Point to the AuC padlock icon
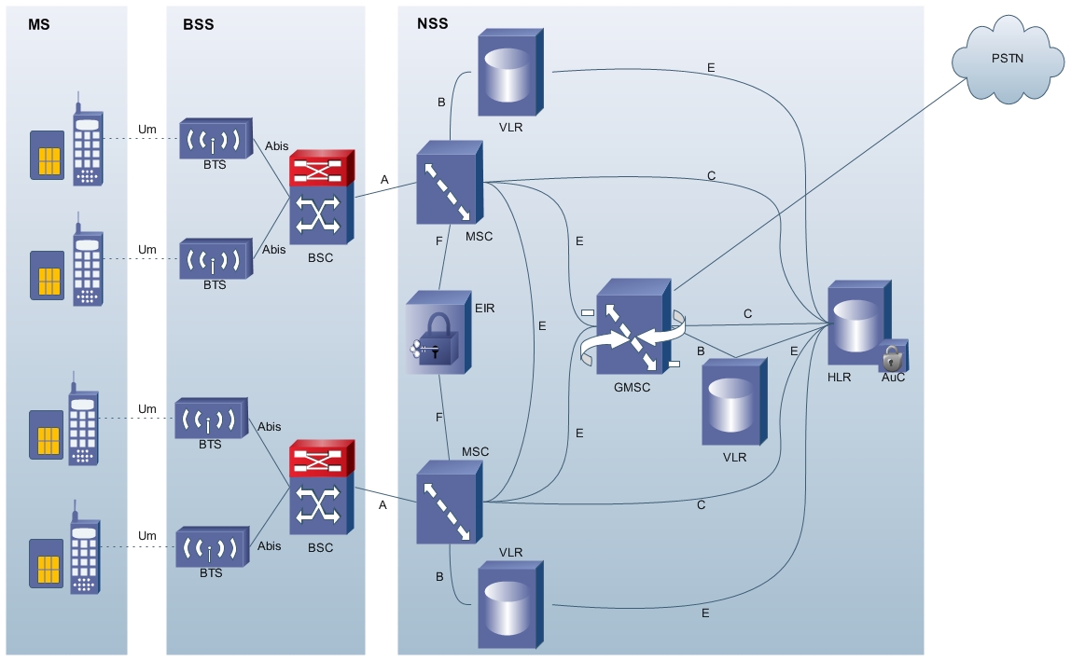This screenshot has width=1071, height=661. pos(893,357)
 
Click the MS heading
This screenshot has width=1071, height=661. pos(39,24)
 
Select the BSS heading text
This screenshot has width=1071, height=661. pos(198,24)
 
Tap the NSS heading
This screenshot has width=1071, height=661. pos(433,24)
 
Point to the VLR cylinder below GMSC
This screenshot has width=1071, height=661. pos(734,403)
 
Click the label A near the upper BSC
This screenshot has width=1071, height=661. pos(384,180)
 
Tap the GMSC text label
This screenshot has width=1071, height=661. pos(633,387)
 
